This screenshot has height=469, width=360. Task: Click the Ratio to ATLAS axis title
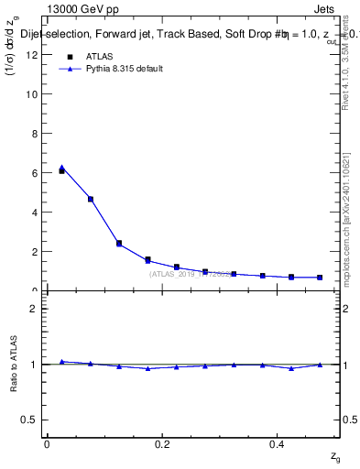[14, 364]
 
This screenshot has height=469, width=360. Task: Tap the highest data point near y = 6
[61, 169]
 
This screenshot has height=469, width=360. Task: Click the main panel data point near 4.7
[90, 199]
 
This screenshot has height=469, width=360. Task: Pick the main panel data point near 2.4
[119, 244]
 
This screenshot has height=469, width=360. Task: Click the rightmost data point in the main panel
[319, 278]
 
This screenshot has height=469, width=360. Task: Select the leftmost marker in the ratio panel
[61, 362]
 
